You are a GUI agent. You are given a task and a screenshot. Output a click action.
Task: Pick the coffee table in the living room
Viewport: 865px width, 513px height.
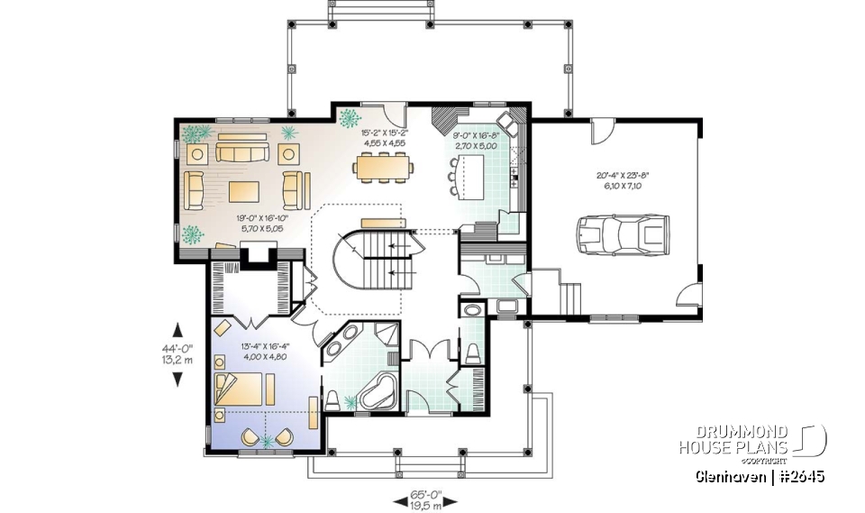tap(243, 191)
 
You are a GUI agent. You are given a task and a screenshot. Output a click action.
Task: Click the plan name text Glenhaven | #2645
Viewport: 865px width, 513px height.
tap(759, 476)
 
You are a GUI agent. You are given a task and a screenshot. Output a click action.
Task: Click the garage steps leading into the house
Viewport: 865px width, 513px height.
tap(570, 294)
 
